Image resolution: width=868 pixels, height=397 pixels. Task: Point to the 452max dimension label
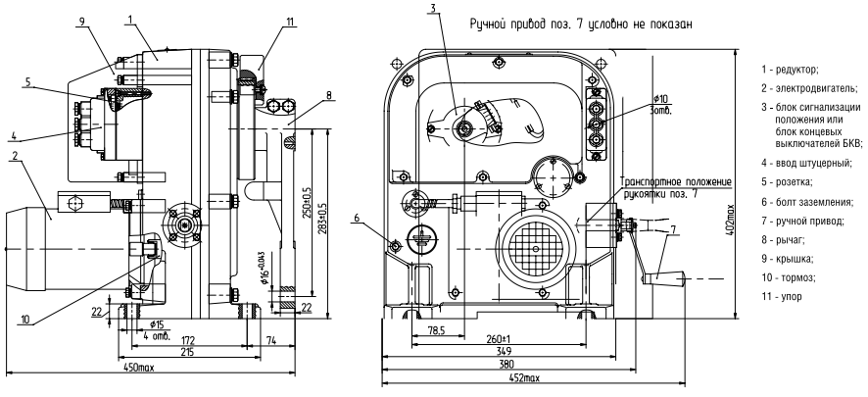(524, 378)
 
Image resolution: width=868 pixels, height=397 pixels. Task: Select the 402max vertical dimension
(746, 221)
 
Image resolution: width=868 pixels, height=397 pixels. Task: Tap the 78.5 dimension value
(437, 330)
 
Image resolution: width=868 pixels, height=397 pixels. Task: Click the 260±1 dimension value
(498, 338)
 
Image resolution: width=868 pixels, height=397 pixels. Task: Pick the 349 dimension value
(504, 351)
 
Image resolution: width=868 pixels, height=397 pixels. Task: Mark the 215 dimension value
(189, 352)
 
